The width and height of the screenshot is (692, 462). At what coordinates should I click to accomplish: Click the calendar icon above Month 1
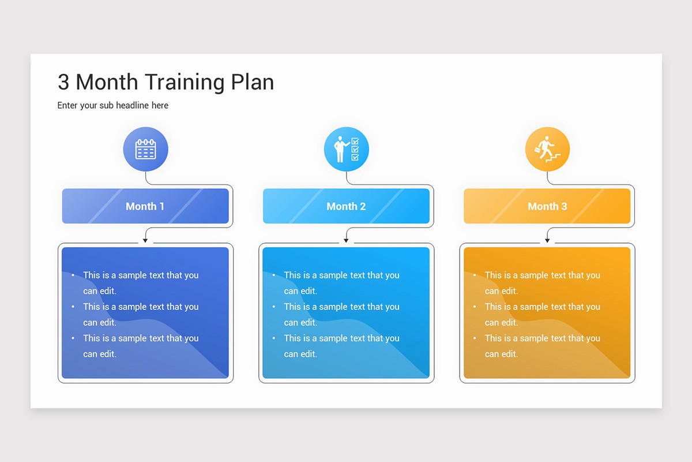pos(145,150)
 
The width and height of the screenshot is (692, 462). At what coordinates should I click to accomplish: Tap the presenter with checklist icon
pos(346,150)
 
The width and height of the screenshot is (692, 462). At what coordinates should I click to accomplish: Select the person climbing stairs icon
pos(547,150)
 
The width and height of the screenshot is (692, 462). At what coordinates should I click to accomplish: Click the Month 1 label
pos(145,206)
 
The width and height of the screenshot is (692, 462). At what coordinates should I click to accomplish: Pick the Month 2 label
pos(346,206)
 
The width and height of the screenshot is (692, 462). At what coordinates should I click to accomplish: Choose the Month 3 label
pos(547,206)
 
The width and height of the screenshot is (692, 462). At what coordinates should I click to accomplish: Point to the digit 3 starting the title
pos(63,83)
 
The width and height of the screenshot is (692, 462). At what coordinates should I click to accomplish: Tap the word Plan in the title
pos(253,83)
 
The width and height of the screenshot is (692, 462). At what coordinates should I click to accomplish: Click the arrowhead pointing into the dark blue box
pos(145,240)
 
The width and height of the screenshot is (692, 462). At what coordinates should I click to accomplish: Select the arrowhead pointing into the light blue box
pos(346,240)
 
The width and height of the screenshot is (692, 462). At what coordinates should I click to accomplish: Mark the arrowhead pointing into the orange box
pos(547,240)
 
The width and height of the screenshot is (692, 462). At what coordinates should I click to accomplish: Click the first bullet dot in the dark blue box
pos(73,275)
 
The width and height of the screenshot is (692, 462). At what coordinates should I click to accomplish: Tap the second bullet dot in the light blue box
pos(273,307)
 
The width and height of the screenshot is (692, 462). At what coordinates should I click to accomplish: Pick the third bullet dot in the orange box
pos(474,338)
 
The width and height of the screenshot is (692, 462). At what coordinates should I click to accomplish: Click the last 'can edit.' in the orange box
pos(501,354)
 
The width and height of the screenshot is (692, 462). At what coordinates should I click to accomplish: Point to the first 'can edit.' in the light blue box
pos(300,291)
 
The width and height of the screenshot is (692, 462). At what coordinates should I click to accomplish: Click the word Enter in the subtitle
pos(68,106)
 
